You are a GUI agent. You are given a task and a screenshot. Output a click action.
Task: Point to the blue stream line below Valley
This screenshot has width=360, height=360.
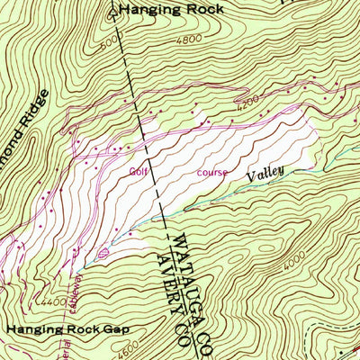(x=225, y=200)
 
